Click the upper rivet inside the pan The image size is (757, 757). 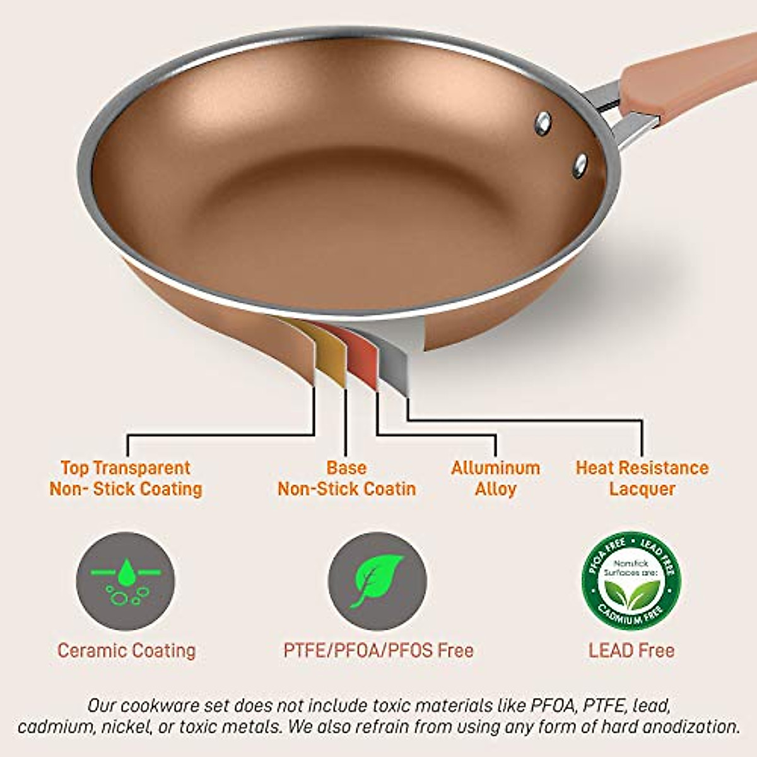point(543,124)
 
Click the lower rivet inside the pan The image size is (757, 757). point(580,165)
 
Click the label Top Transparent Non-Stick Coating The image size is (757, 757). point(126,478)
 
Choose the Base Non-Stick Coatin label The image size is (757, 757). point(346,478)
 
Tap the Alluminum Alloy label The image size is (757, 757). point(495,478)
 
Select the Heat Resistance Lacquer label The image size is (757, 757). point(642,478)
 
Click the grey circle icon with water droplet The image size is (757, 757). point(126,581)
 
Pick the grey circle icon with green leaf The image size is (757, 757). point(377,581)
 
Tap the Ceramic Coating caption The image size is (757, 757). point(126,650)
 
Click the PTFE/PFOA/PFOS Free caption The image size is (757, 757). point(378,650)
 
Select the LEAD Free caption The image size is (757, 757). point(631,650)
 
